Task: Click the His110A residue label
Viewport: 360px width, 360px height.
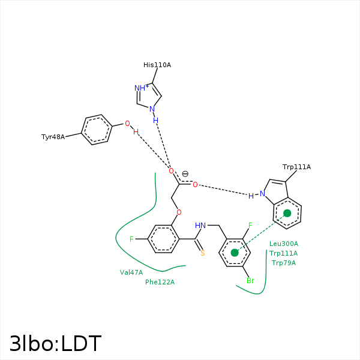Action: (x=157, y=65)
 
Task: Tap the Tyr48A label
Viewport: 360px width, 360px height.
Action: (x=53, y=137)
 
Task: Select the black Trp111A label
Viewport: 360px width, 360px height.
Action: (x=296, y=167)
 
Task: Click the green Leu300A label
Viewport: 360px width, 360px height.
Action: (x=283, y=244)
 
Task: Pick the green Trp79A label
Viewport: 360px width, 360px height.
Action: (x=283, y=263)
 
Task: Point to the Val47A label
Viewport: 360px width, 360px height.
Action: (x=131, y=272)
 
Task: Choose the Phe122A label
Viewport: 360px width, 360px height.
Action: (x=160, y=282)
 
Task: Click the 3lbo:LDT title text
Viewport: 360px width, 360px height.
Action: (x=55, y=344)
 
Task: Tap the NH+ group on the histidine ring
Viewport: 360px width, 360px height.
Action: (x=142, y=88)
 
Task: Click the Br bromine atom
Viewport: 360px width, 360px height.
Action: (x=250, y=281)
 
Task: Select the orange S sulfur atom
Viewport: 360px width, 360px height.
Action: (x=203, y=253)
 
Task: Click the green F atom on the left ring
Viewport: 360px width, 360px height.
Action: (x=132, y=239)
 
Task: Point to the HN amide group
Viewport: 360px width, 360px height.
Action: (x=200, y=226)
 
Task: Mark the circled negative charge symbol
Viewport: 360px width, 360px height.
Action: (x=185, y=174)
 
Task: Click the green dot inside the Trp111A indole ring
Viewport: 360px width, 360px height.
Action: (x=287, y=213)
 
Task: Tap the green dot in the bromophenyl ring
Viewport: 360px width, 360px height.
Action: (x=235, y=253)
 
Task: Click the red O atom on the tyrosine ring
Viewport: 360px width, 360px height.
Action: (x=127, y=124)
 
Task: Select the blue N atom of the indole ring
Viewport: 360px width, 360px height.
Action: (x=262, y=194)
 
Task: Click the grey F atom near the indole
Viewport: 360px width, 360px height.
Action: (x=251, y=226)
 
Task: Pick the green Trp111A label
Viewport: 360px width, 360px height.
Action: (x=283, y=253)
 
